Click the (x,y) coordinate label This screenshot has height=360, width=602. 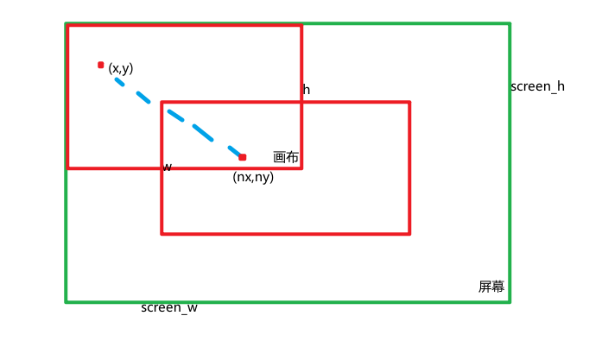tap(121, 68)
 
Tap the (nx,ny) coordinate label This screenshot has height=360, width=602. tap(253, 177)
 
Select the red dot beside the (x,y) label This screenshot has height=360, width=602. tap(101, 65)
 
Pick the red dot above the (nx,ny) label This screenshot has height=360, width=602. tap(243, 157)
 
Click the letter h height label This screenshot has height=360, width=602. tap(307, 90)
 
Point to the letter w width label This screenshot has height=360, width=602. tap(168, 167)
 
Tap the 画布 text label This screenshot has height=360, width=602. tap(286, 157)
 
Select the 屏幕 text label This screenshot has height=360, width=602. tap(491, 287)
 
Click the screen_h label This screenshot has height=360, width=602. tap(537, 86)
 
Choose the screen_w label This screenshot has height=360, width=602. tap(169, 307)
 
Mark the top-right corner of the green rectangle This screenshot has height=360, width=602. tap(510, 24)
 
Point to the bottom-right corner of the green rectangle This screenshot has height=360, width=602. tap(510, 301)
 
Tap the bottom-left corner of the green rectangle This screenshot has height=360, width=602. tap(67, 301)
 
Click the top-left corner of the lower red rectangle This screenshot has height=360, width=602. tap(162, 103)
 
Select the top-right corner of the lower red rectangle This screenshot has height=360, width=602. tap(409, 103)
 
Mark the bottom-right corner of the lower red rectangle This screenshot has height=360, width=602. tap(409, 233)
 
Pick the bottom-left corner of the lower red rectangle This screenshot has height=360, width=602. tap(162, 233)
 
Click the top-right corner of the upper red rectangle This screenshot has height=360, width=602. tap(301, 26)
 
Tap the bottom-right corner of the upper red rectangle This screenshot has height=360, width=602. tap(301, 167)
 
